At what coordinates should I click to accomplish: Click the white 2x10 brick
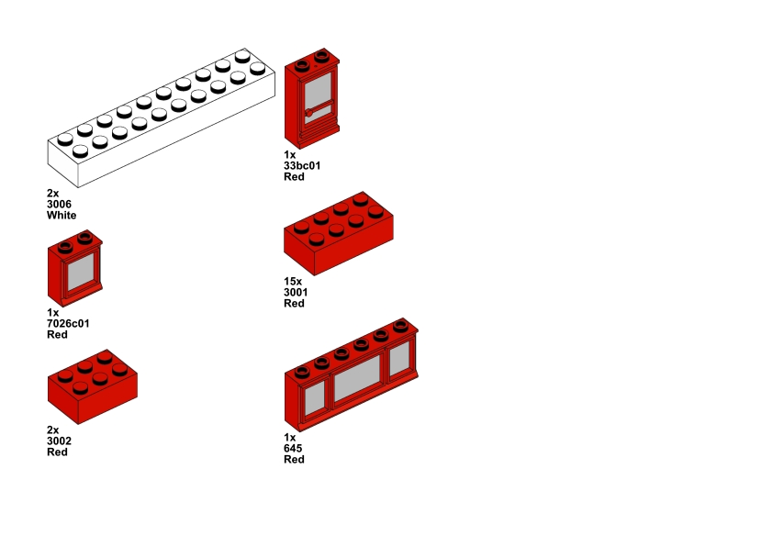tap(161, 119)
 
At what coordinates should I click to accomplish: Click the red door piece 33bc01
tap(312, 101)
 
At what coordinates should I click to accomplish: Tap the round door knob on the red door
tap(310, 113)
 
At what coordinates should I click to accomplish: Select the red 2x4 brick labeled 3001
tap(340, 234)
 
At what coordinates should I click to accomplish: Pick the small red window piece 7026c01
tap(75, 271)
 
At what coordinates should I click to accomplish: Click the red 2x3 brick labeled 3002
tap(92, 385)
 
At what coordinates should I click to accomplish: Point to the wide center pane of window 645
tap(357, 378)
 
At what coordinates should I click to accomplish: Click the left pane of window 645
tap(315, 396)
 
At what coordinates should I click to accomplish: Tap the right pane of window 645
tap(398, 360)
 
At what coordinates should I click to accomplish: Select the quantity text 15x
tap(293, 282)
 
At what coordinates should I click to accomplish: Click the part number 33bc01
tap(302, 166)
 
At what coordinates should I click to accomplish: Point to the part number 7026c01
tap(68, 324)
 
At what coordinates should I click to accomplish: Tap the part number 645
tap(293, 449)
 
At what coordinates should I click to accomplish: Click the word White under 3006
tap(62, 216)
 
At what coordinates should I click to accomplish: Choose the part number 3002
tap(59, 441)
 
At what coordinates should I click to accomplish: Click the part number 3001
tap(296, 293)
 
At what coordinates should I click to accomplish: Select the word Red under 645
tap(294, 460)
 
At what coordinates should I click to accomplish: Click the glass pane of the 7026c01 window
tap(80, 273)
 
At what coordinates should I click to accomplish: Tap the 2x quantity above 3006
tap(52, 194)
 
